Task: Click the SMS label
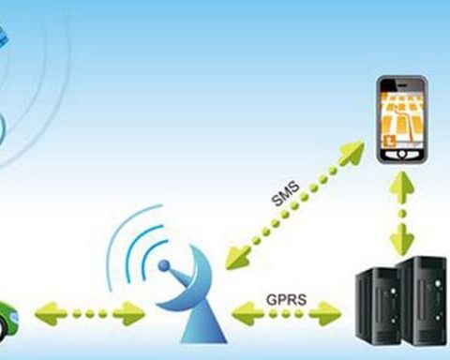coord(286,194)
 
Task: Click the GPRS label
coord(287,300)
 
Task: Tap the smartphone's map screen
coord(402,120)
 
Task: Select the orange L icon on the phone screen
coord(390,141)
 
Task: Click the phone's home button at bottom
coord(402,155)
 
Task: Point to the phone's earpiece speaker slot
coord(402,84)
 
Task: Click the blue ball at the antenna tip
coord(164,266)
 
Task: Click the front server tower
coord(378,307)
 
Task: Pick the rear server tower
coord(423,300)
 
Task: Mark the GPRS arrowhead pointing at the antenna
coord(247,314)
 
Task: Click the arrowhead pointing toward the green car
coord(50,314)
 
